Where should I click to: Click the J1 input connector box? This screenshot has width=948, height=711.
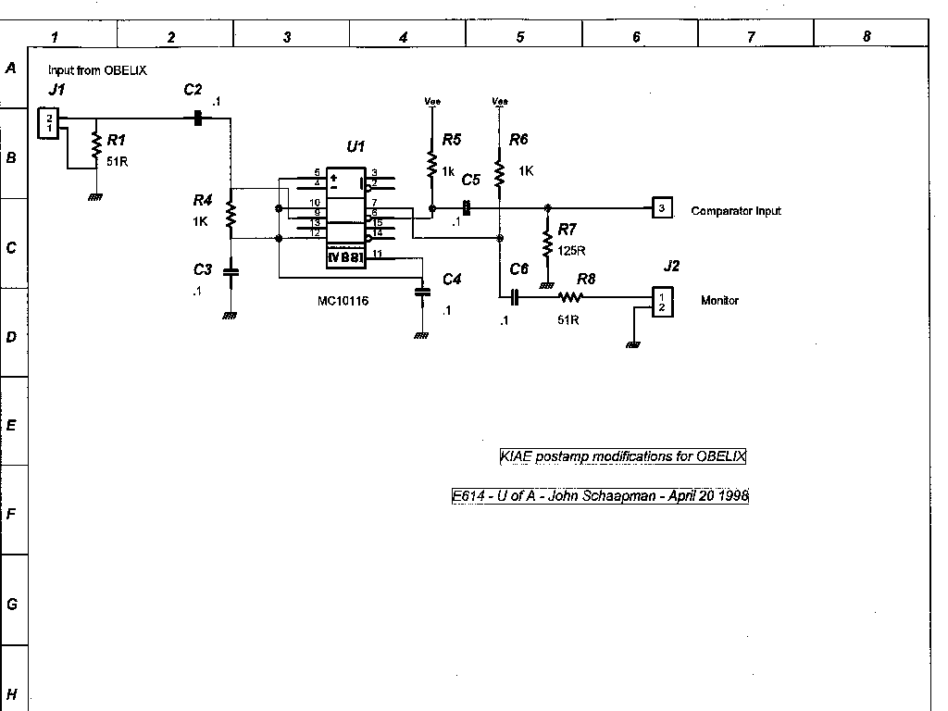(x=49, y=122)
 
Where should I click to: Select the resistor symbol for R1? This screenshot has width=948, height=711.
(x=94, y=144)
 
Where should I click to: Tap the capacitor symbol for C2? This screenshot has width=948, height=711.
(x=196, y=118)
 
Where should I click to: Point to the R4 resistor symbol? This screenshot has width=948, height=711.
(x=231, y=215)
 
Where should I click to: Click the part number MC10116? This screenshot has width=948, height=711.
(x=343, y=301)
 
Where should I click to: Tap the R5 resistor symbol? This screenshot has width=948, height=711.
(x=431, y=164)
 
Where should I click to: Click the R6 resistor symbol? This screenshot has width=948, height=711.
(x=500, y=171)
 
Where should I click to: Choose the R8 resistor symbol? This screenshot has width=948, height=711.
(x=570, y=297)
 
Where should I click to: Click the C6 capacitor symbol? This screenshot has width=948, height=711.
(x=515, y=297)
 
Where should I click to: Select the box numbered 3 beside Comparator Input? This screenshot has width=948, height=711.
(x=661, y=208)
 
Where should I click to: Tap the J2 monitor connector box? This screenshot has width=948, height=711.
(x=661, y=301)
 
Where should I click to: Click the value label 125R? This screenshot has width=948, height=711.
(x=572, y=251)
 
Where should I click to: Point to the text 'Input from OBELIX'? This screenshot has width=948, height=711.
(x=97, y=70)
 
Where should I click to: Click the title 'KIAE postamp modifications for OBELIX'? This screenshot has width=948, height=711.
(x=622, y=456)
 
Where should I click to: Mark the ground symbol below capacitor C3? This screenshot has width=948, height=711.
(x=230, y=316)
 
